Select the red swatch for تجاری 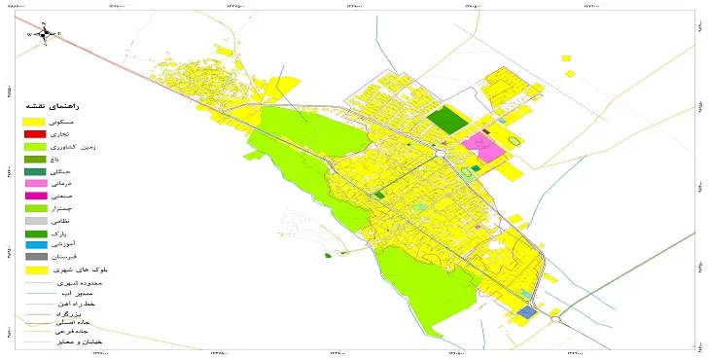(x=35, y=133)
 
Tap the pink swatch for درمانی (x=35, y=184)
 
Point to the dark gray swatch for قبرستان (x=35, y=256)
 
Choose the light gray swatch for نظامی (x=35, y=221)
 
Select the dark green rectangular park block (x=448, y=120)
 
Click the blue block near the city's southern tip (x=525, y=312)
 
